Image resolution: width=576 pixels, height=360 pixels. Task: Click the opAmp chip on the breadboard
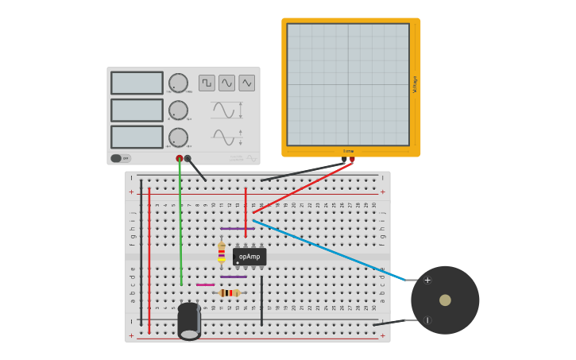pos(249,257)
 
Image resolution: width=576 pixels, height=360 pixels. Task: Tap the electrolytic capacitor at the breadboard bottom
pos(189,320)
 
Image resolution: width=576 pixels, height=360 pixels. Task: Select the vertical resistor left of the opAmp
pos(222,252)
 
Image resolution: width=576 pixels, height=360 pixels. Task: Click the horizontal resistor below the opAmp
pos(230,293)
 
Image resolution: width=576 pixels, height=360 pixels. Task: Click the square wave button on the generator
pos(207,83)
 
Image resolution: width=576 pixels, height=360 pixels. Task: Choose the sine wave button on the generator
pos(227,83)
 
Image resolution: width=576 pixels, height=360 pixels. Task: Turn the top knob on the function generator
pos(178,83)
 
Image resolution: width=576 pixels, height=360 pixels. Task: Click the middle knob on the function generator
pos(178,110)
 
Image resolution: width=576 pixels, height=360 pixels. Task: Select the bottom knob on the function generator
pos(178,137)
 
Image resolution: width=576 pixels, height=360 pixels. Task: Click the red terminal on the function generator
pos(180,158)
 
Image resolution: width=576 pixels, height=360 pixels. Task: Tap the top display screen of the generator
pos(137,83)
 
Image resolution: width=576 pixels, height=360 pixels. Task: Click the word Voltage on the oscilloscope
pos(415,84)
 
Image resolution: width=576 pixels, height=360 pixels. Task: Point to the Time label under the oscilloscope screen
pos(348,151)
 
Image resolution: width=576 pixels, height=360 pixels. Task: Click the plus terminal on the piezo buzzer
pos(427,280)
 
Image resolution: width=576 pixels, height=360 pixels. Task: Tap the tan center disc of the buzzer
pos(445,300)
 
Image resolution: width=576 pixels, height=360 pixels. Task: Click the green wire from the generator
pos(180,223)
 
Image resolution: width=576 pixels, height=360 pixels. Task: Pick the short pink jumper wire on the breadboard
pos(205,285)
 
